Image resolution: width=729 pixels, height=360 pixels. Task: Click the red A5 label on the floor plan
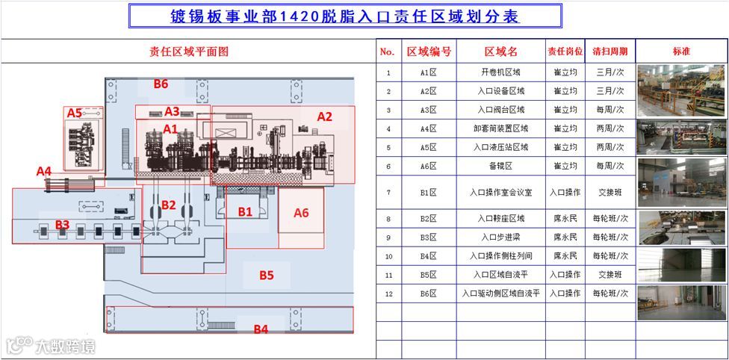pos(74,113)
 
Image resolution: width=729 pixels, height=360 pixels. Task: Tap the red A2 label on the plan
pos(324,117)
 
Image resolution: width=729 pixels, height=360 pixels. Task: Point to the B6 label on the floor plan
pos(161,84)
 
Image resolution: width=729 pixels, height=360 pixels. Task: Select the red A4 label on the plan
pos(44,171)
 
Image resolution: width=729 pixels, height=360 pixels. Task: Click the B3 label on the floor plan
pos(62,224)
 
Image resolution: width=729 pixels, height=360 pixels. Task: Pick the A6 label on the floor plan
pos(301,213)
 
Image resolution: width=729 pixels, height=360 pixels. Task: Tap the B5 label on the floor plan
pos(267,275)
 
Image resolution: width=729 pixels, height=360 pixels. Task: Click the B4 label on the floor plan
pos(261,329)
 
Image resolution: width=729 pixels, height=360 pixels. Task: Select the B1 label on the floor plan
pos(245,211)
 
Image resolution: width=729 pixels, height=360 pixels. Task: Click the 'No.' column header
pos(387,52)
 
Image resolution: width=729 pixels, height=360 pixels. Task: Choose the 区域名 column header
pos(500,52)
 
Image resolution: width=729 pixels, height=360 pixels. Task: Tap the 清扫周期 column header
pos(609,52)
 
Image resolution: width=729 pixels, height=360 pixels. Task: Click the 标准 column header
pos(681,52)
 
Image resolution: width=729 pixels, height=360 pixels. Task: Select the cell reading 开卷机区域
pos(500,72)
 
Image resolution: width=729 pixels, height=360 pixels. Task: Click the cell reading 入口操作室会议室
pos(500,192)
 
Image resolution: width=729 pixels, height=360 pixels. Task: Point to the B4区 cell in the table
pos(428,256)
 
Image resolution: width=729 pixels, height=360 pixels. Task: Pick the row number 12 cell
pos(388,294)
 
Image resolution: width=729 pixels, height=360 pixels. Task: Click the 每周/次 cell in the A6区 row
pos(609,165)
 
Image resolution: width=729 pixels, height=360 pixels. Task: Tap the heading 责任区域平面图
pos(188,52)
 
